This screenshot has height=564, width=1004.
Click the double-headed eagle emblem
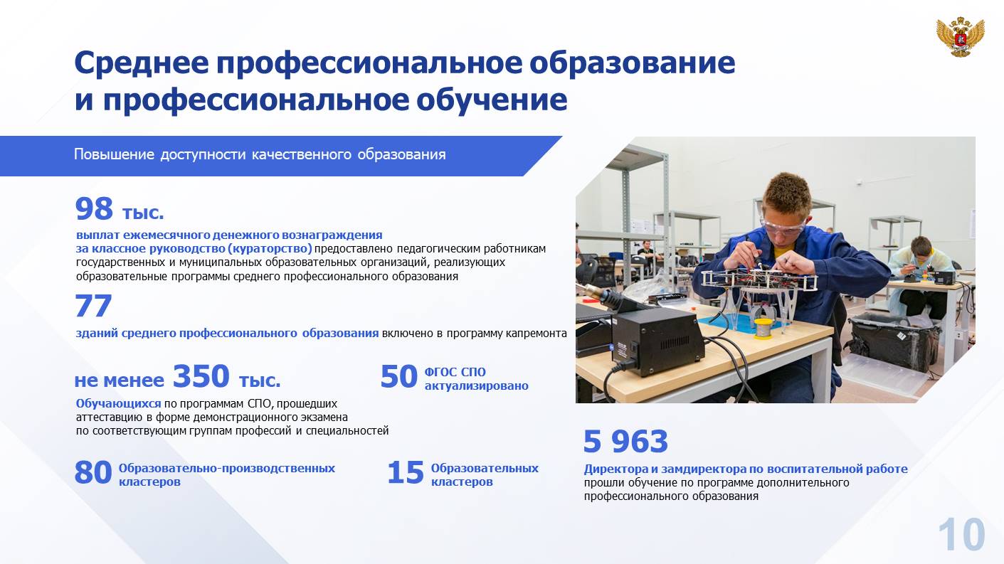[960, 37]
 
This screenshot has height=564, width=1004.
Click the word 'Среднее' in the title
[142, 63]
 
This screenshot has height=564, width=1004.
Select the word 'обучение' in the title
[492, 100]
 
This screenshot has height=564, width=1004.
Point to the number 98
[94, 209]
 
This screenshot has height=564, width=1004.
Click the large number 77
[93, 306]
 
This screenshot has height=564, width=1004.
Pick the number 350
[201, 376]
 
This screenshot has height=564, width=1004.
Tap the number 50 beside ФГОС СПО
[398, 377]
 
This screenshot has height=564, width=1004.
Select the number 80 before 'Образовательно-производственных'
[93, 473]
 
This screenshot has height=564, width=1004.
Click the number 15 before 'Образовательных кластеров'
[405, 473]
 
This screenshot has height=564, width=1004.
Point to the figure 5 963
[625, 441]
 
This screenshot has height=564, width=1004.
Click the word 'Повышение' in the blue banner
[114, 154]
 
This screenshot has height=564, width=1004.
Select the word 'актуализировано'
[477, 385]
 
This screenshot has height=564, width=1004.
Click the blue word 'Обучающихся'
[118, 404]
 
